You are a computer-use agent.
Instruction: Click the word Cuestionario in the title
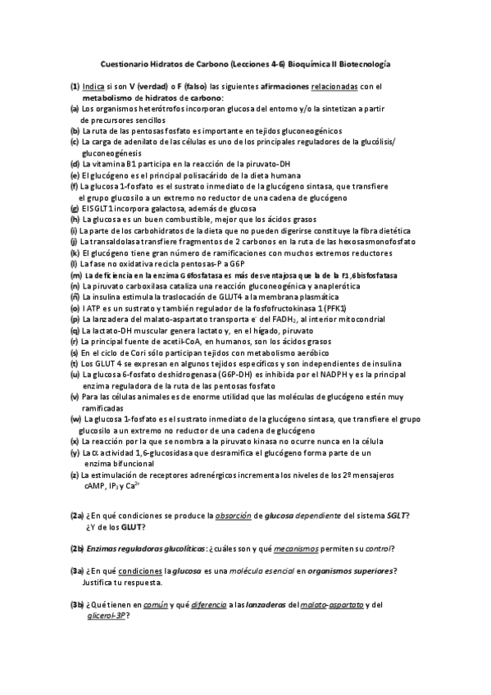125,62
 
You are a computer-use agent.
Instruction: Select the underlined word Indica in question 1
93,85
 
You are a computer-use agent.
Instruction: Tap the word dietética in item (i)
398,230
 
